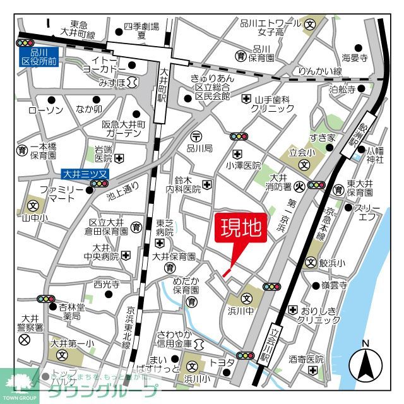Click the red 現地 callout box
(x=240, y=229)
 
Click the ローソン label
(x=45, y=110)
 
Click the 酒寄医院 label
(x=306, y=359)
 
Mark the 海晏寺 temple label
(x=355, y=57)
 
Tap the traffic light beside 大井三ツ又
(x=100, y=184)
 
